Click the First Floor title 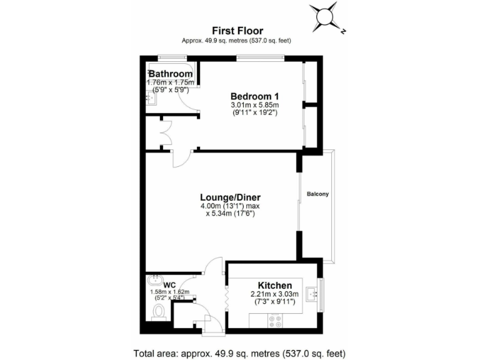click(x=237, y=30)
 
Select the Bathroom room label click(x=170, y=74)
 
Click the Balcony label click(x=317, y=194)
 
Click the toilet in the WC click(x=158, y=310)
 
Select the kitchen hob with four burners click(x=275, y=320)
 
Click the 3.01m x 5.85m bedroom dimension click(x=254, y=105)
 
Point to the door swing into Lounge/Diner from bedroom click(x=182, y=159)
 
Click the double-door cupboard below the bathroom click(x=165, y=133)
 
